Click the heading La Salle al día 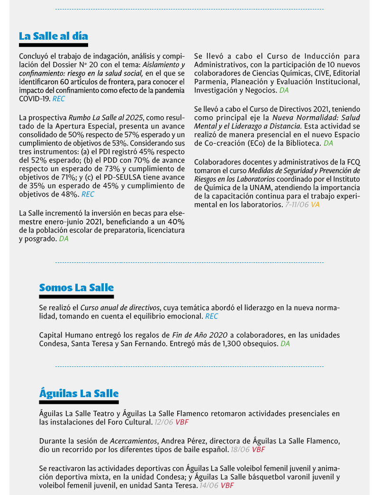click(53, 36)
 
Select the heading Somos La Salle click(76, 287)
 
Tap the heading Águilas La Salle click(79, 393)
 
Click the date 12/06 click(163, 422)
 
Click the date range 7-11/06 click(297, 205)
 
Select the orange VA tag click(315, 205)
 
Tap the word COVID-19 click(34, 99)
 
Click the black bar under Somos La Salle click(76, 297)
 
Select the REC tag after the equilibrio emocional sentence click(212, 316)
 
